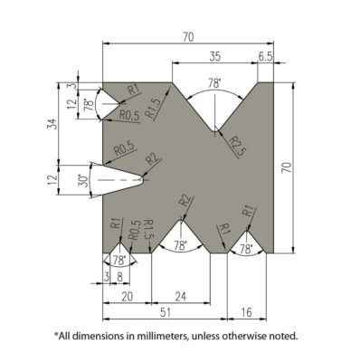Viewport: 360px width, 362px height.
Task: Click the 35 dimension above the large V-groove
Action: (213, 55)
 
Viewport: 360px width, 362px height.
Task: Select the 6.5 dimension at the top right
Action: (266, 55)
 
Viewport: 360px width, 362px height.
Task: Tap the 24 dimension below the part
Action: (181, 296)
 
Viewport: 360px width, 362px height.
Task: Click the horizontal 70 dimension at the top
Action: (187, 38)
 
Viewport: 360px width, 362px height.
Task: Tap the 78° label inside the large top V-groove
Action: (214, 82)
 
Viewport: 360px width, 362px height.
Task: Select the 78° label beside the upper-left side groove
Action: (89, 105)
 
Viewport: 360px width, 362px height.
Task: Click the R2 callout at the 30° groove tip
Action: (152, 160)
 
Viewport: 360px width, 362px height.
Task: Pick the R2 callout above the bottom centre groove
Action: (185, 200)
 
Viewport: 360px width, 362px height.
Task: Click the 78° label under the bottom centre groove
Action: (180, 245)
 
